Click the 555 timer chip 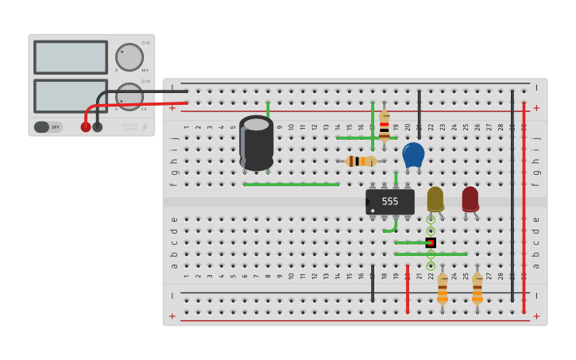tap(390, 201)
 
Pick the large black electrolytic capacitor tap(257, 143)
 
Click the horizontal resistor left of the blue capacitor tap(361, 161)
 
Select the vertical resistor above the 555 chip tap(385, 126)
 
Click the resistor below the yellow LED tap(442, 289)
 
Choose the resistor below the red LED tap(477, 289)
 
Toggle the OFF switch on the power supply tap(48, 126)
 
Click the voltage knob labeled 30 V tap(129, 57)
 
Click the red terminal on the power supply tap(86, 126)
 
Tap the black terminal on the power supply tap(98, 126)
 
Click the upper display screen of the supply tap(71, 57)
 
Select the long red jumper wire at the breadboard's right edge tap(524, 207)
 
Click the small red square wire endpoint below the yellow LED tap(431, 242)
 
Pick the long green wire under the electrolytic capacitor tap(291, 184)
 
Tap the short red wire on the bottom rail tap(408, 288)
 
